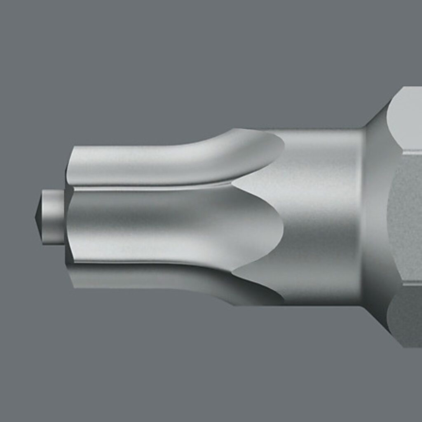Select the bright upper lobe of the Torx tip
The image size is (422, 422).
tap(165, 159)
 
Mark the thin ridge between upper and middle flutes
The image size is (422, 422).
tap(148, 188)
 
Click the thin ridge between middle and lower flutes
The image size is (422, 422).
tap(148, 263)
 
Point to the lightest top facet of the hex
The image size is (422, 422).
tap(406, 120)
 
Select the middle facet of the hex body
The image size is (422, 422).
tap(406, 218)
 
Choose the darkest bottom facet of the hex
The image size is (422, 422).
tap(406, 317)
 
